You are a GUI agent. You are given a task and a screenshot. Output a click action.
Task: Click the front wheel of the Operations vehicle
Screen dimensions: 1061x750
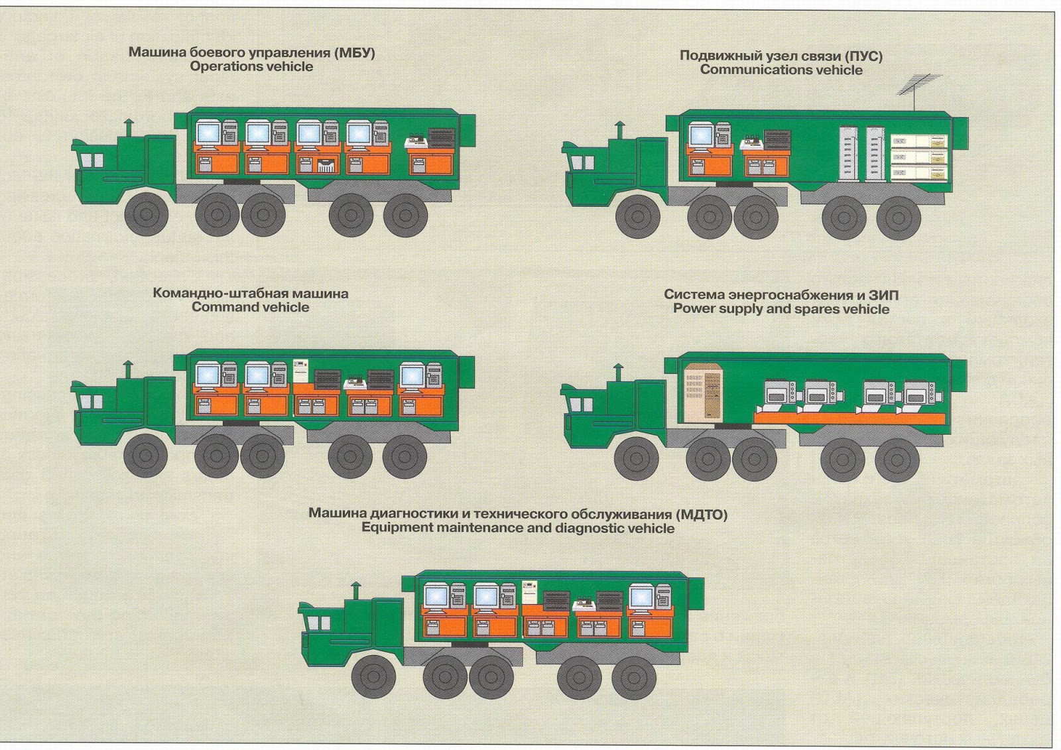(146, 214)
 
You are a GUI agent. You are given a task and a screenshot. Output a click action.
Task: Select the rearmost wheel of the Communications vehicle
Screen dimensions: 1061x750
(898, 217)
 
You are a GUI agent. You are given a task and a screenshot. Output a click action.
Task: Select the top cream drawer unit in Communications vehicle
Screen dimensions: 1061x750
(918, 141)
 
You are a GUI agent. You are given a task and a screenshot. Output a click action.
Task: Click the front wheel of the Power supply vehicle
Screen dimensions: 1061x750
(636, 458)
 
